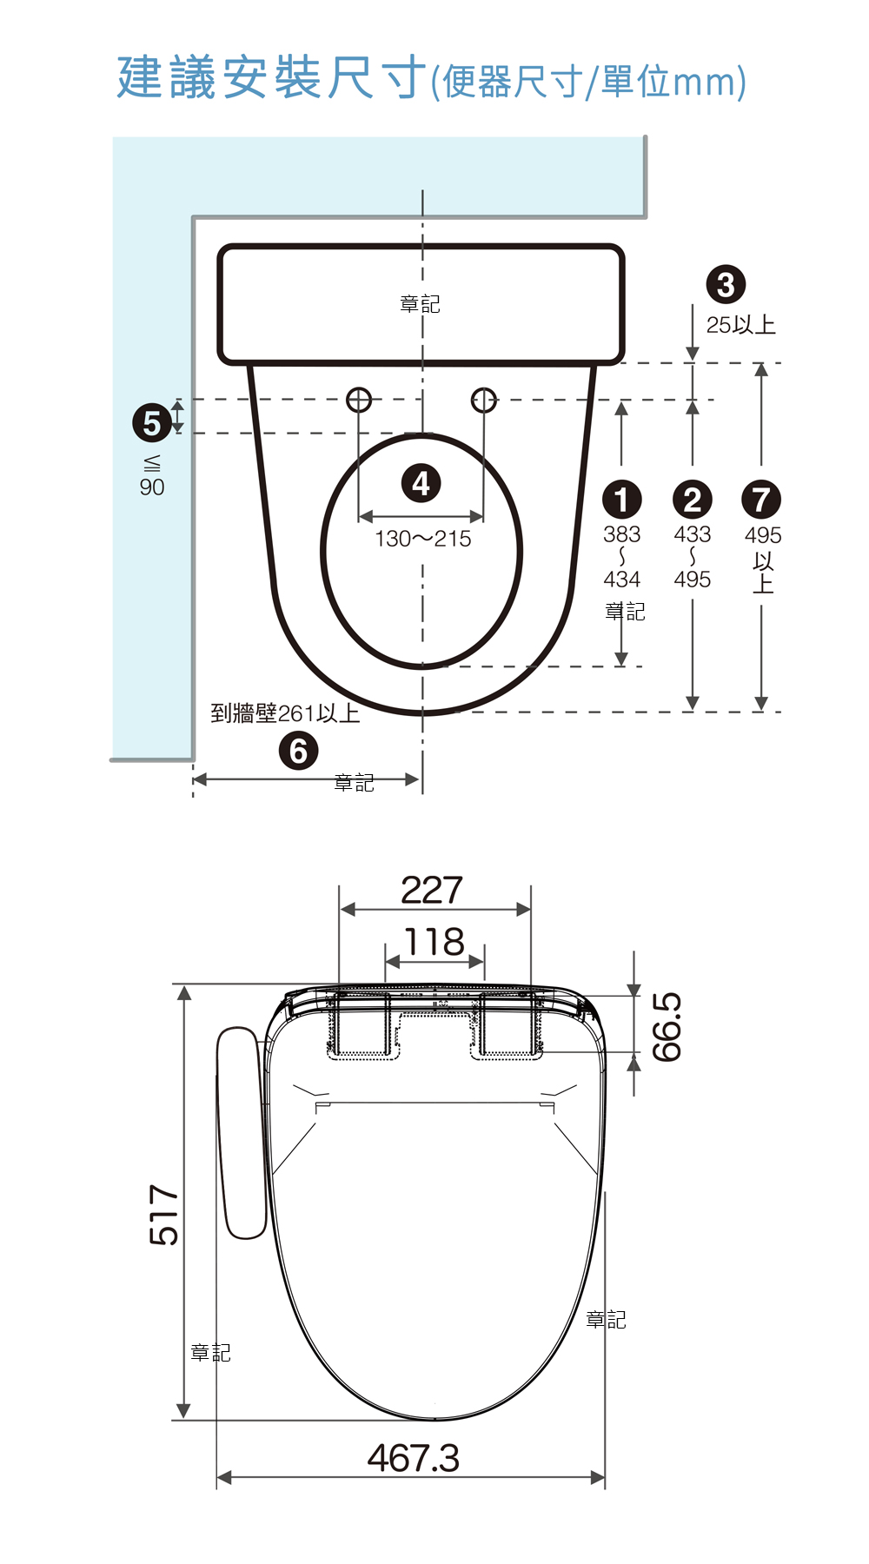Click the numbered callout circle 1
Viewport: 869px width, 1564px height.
coord(621,500)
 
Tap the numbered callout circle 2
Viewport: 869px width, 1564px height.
coord(692,500)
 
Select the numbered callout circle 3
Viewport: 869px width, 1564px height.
coord(726,284)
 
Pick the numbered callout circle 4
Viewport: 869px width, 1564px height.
coord(421,483)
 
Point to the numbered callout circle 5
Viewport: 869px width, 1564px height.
coord(152,423)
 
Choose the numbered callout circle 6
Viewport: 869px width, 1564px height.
coord(298,751)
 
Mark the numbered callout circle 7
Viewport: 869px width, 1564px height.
coord(761,500)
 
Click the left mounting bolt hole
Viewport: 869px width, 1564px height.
coord(359,400)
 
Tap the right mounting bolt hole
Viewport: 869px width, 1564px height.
coord(484,400)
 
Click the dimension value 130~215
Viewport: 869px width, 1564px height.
coord(423,539)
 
